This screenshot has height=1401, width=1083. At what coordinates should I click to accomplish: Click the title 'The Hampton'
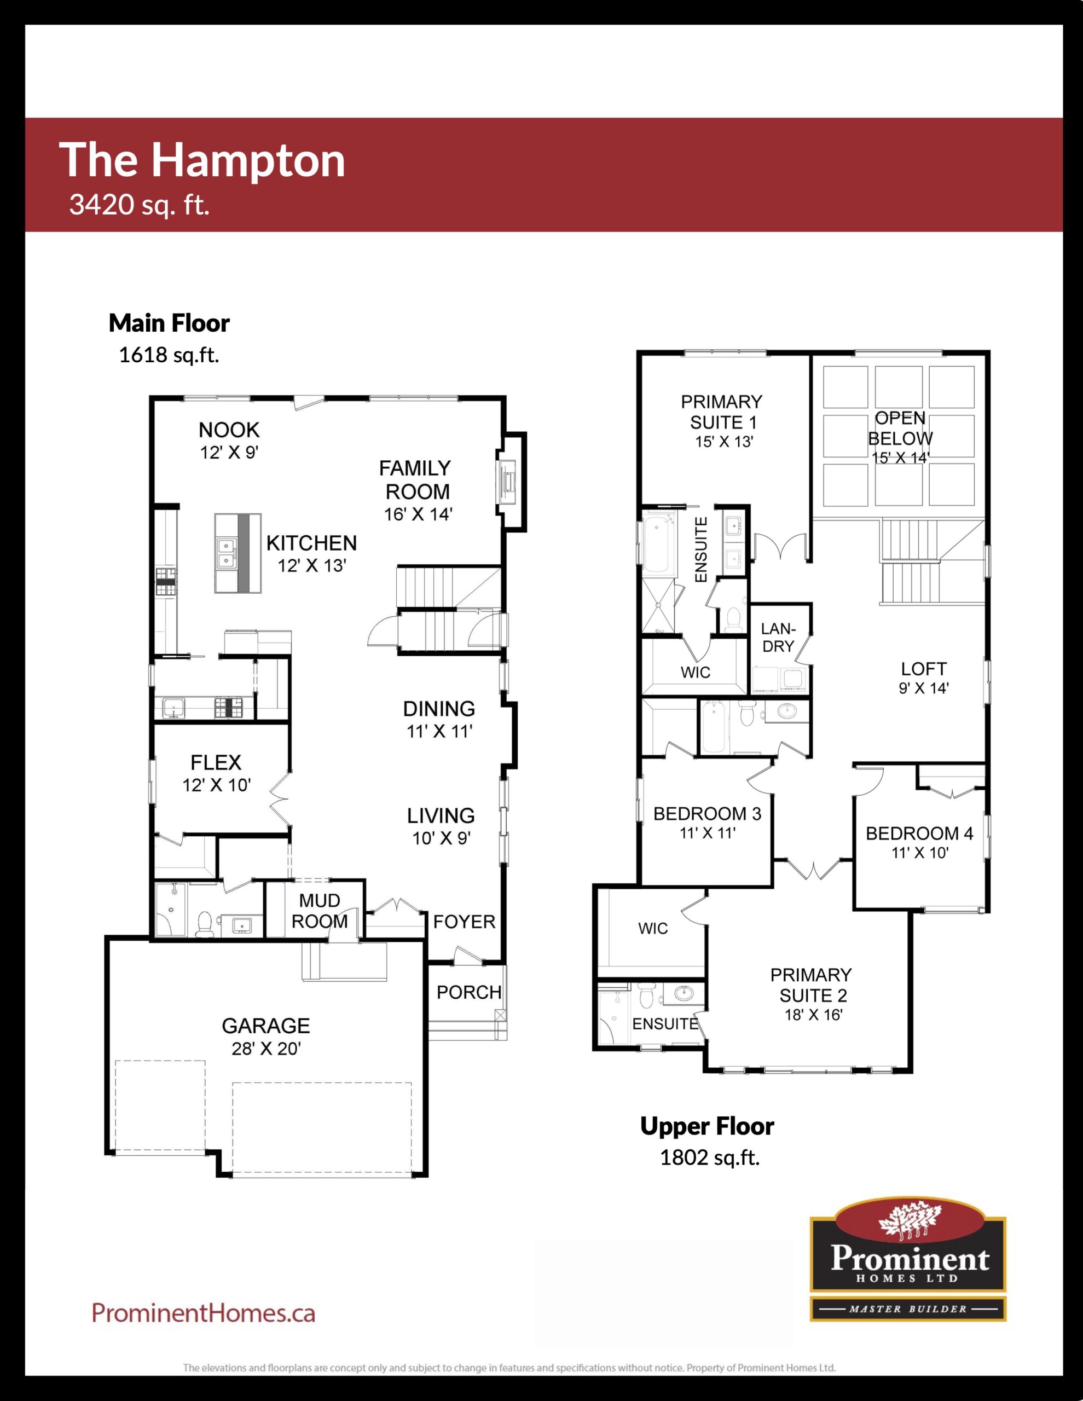(202, 160)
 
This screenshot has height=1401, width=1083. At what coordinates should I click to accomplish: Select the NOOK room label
(229, 429)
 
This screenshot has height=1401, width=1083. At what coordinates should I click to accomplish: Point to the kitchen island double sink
(227, 553)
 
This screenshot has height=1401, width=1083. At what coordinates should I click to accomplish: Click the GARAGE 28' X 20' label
(265, 1036)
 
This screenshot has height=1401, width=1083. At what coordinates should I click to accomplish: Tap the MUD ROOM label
(320, 911)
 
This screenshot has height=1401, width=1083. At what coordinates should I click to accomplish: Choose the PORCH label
(469, 992)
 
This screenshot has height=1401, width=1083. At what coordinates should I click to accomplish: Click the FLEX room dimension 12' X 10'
(216, 785)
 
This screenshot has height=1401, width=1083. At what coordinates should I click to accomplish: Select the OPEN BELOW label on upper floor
(900, 429)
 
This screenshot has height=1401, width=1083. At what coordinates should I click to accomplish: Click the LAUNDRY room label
(778, 638)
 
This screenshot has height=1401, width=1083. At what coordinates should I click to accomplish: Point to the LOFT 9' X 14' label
(923, 678)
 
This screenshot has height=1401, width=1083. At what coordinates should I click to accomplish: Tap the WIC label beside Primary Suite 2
(653, 928)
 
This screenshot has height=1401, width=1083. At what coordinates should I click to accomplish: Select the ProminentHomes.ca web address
(204, 1312)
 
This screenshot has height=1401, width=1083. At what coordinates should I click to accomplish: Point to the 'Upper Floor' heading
(707, 1126)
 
